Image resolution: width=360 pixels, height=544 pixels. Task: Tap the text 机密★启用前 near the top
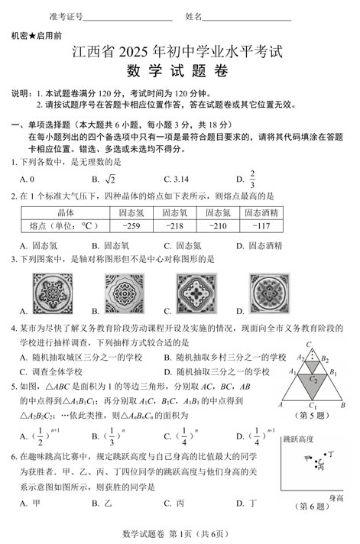(37, 36)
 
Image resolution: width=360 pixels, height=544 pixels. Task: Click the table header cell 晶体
(65, 212)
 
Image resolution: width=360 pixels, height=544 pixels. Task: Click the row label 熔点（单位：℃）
(65, 226)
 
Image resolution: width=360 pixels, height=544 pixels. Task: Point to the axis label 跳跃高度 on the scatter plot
(298, 440)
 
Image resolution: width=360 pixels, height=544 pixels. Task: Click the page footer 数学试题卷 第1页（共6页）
(180, 533)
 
